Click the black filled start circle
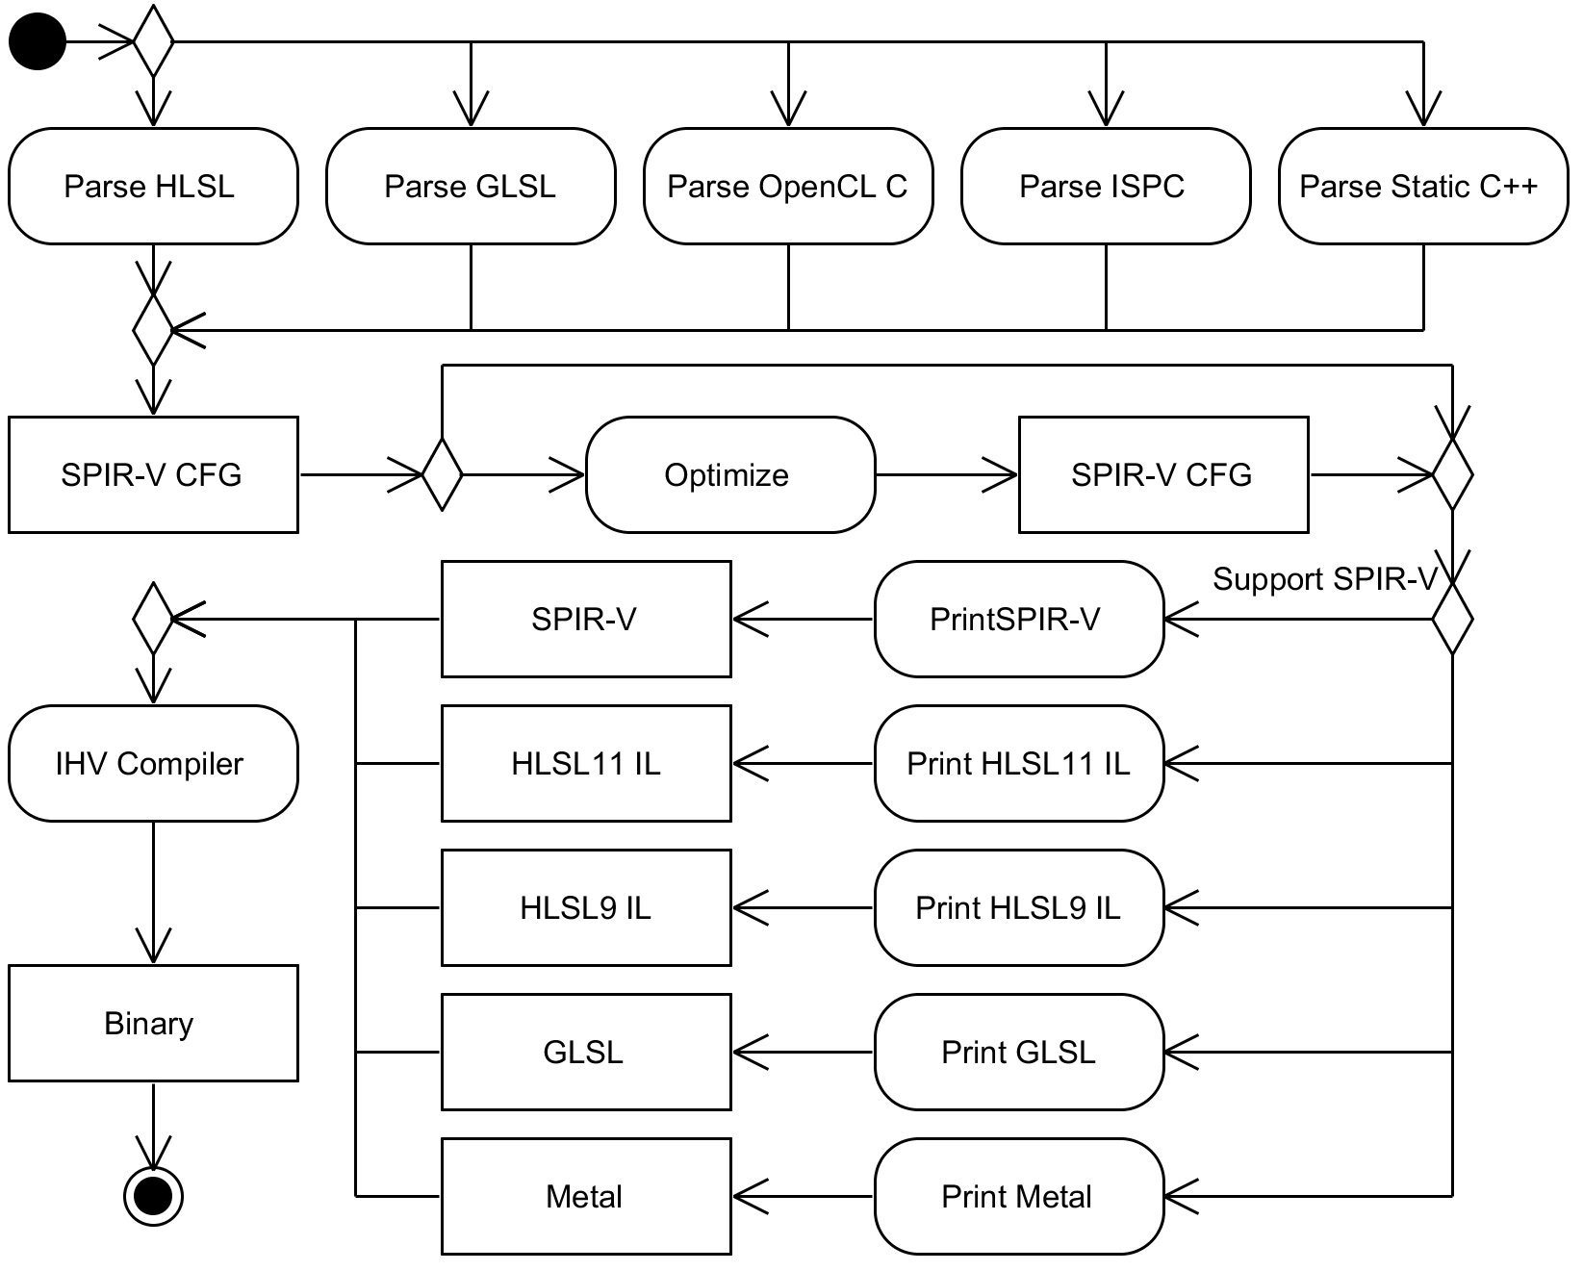tap(38, 42)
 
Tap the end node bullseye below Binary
tap(153, 1196)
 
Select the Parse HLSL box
tap(153, 186)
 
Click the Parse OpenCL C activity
tap(788, 186)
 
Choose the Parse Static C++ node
tap(1423, 186)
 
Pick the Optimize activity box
tap(730, 474)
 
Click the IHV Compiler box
tap(153, 764)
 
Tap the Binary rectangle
tap(153, 1023)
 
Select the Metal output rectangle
tap(586, 1196)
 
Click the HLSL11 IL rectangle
tap(586, 764)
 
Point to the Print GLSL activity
tap(1019, 1052)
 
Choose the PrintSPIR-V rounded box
tap(1019, 619)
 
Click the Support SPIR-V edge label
tap(1324, 579)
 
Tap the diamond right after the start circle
tap(153, 41)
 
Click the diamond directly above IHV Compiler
tap(153, 619)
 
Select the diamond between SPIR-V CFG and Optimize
tap(442, 474)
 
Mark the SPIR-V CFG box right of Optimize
tap(1163, 474)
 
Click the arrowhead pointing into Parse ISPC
tap(1106, 109)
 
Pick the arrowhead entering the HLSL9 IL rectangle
tap(751, 907)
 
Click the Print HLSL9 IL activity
tap(1019, 907)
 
